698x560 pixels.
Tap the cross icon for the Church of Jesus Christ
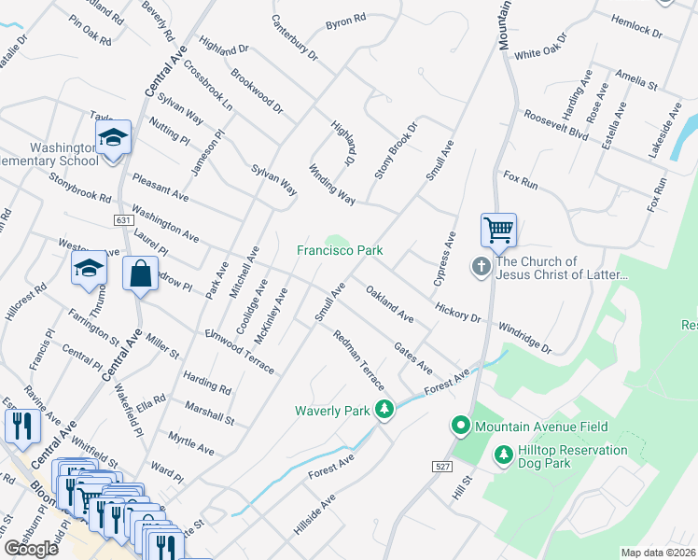coord(482,268)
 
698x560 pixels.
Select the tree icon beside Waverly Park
coord(384,409)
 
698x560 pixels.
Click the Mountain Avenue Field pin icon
coord(460,427)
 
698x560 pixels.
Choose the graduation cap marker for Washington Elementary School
coord(114,139)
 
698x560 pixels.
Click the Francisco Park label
coord(341,250)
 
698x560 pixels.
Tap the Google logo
coord(32,549)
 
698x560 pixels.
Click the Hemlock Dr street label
coord(636,25)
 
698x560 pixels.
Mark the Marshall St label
coord(210,413)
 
